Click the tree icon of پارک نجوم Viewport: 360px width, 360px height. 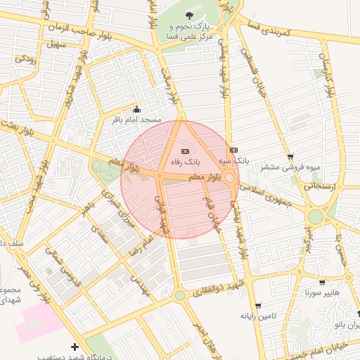188,15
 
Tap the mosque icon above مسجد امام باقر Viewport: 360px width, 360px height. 136,110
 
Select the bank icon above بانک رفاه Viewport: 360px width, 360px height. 186,150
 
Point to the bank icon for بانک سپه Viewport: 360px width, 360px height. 233,150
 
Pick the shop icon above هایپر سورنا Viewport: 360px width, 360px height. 322,283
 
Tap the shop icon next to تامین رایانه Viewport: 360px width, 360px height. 259,306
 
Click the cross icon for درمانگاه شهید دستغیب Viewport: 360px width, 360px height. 75,347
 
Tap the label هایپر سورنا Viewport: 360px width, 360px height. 323,292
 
